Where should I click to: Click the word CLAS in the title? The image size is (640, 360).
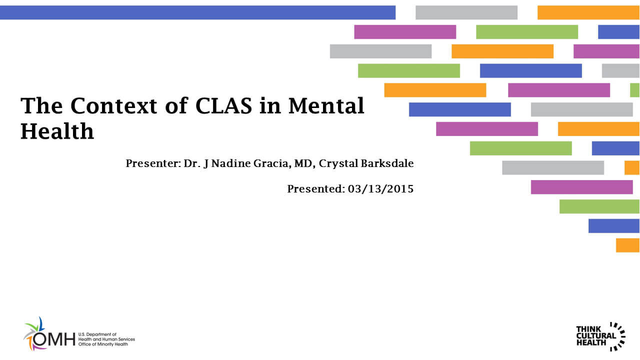coord(226,106)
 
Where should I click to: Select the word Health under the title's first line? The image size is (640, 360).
coord(57,131)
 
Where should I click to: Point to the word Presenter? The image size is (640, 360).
coord(153,163)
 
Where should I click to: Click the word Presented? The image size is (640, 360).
coord(315,189)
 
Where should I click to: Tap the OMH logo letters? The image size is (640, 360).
coord(54,339)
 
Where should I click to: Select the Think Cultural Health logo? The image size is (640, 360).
coord(600,335)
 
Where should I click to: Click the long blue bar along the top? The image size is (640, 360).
coord(197,12)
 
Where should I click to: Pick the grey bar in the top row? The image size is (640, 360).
coord(466,12)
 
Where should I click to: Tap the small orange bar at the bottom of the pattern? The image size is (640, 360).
coord(627,245)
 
